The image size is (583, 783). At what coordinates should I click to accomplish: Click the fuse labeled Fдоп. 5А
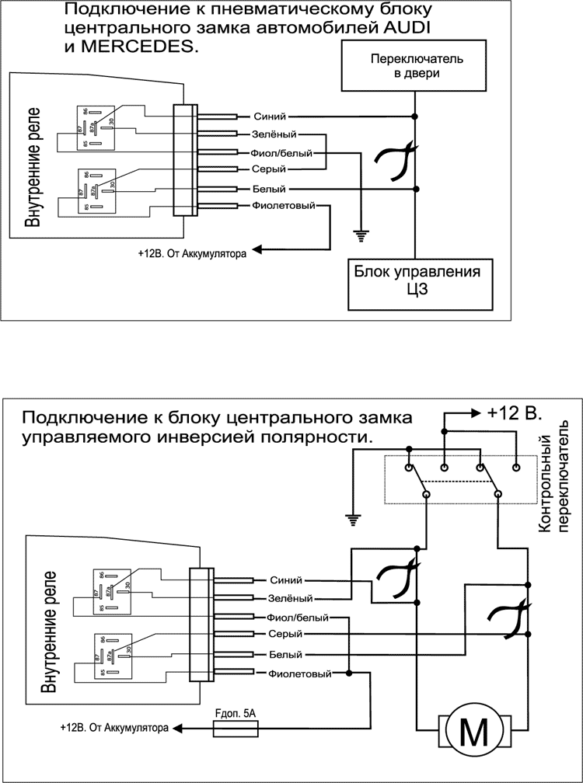coord(235,728)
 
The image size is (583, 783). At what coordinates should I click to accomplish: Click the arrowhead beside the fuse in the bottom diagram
coord(177,728)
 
